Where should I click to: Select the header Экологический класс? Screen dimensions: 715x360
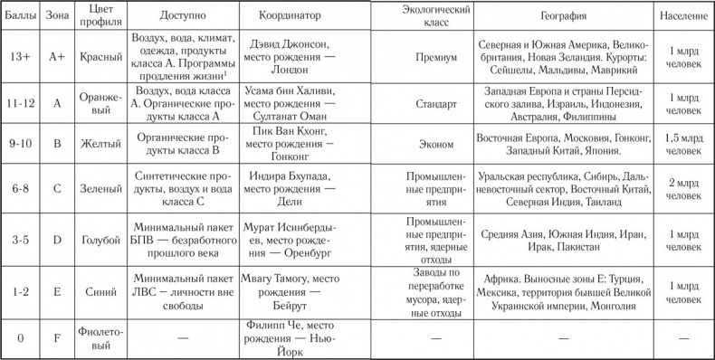419,17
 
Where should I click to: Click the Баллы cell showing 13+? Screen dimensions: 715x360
18,56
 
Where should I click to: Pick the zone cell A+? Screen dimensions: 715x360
58,56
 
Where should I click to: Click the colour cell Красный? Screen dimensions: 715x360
100,56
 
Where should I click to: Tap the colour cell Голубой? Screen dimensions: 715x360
100,237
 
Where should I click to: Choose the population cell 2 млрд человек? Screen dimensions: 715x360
682,189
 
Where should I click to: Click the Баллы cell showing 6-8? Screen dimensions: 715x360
18,189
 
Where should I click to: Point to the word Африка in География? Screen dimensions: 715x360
498,279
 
